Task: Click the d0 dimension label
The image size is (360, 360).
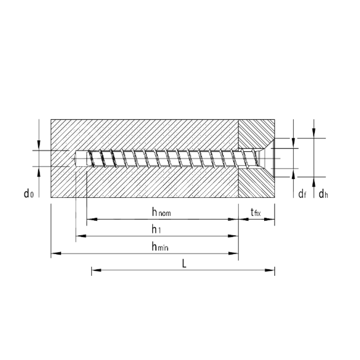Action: coord(29,193)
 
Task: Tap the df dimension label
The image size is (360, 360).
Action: coord(302,194)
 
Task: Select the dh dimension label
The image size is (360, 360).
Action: coord(323,194)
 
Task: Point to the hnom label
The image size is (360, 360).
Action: coord(162,212)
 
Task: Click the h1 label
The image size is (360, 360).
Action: coord(156,229)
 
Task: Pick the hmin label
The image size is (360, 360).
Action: coord(160,246)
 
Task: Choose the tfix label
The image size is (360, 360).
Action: coord(256,212)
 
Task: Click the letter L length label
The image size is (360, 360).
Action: coord(184,263)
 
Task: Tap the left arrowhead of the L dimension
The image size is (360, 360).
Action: coord(96,270)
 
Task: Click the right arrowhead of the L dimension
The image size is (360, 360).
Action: coord(270,270)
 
